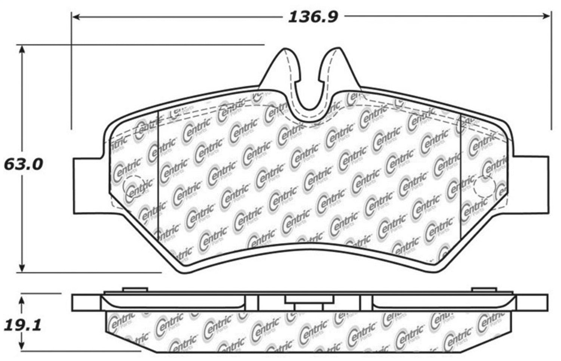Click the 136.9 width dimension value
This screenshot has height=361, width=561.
pyautogui.click(x=313, y=18)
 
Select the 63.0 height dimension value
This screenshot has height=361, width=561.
pyautogui.click(x=24, y=164)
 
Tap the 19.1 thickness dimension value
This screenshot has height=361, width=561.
pyautogui.click(x=22, y=326)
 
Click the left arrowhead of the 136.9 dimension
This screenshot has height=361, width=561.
pyautogui.click(x=76, y=17)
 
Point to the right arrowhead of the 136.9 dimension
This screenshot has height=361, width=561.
pyautogui.click(x=546, y=16)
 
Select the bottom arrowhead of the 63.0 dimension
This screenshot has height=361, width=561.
pyautogui.click(x=22, y=268)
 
